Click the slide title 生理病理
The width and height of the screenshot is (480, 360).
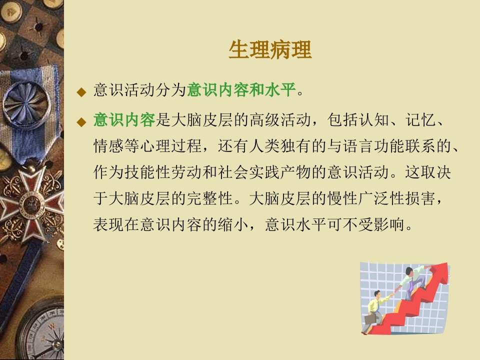(270, 49)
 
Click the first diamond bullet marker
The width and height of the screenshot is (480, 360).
(81, 92)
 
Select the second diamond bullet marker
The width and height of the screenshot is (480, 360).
(81, 122)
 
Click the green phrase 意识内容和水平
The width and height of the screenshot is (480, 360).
(241, 90)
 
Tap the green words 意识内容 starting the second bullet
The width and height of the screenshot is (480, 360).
(124, 119)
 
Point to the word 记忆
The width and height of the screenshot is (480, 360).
(420, 119)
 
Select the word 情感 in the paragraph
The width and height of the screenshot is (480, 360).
(108, 146)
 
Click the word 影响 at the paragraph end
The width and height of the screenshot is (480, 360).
(389, 224)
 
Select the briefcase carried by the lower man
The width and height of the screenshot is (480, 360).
(370, 319)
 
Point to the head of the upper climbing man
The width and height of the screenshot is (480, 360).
(409, 271)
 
